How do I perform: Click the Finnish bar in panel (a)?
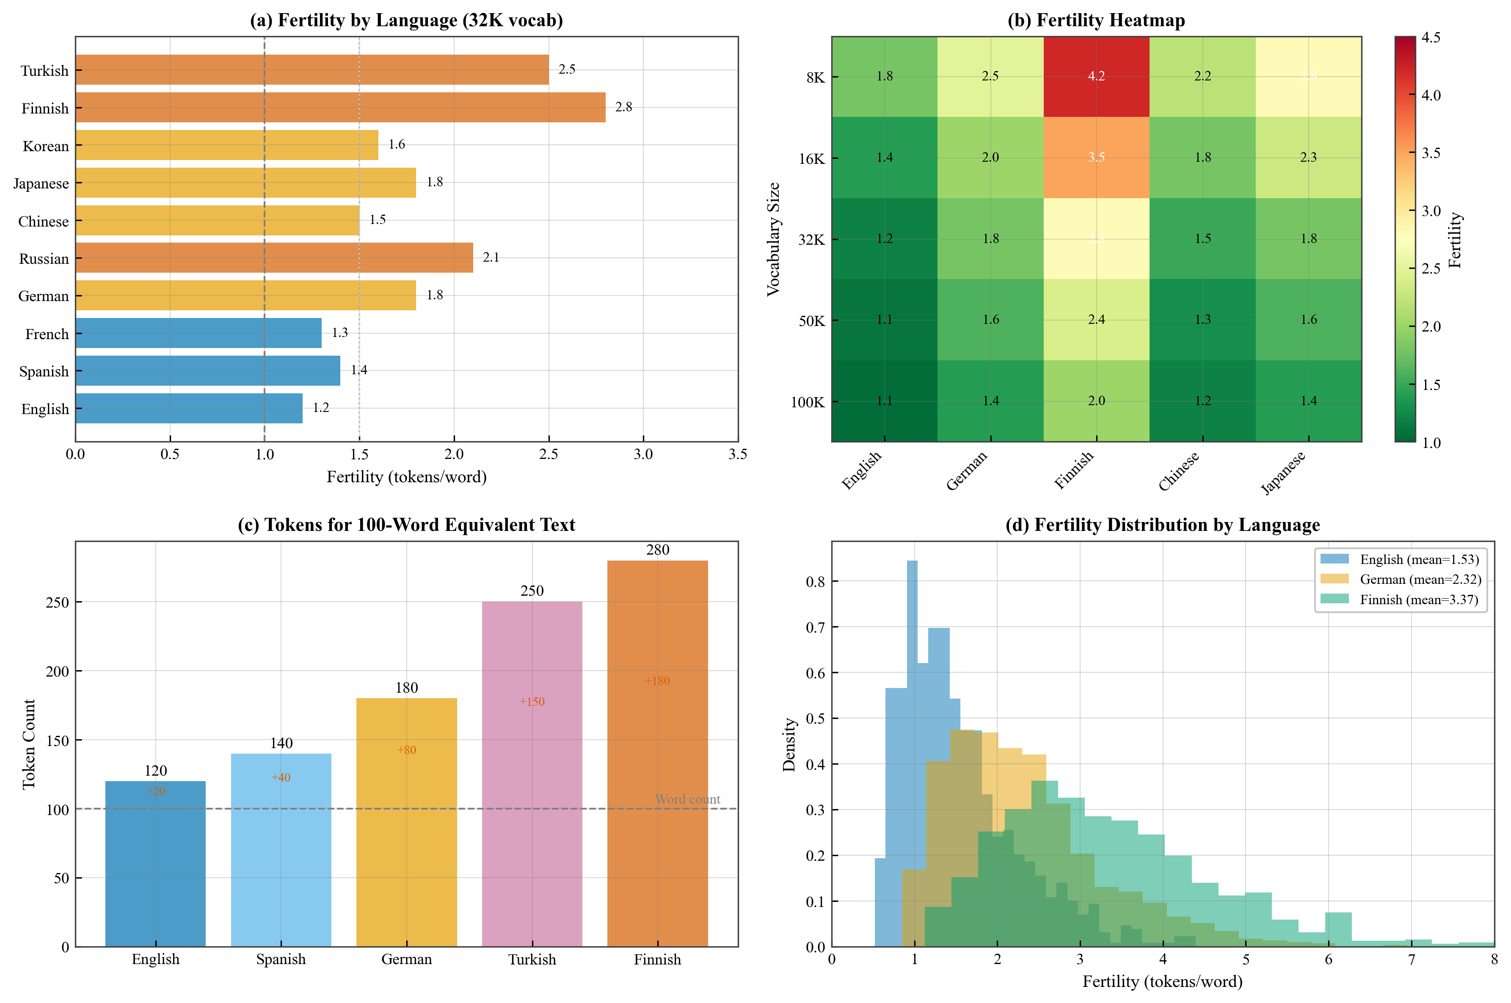tap(340, 108)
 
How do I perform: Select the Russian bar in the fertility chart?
tap(274, 258)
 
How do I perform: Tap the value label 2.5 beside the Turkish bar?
tap(567, 69)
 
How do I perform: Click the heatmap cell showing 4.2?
tap(1096, 77)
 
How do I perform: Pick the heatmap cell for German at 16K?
tap(990, 157)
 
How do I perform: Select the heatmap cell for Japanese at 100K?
tap(1308, 401)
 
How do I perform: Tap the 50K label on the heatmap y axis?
tap(811, 321)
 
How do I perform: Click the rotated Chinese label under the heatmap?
tap(1178, 471)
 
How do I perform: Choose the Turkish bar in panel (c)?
tap(531, 774)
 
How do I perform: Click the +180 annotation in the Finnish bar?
tap(657, 681)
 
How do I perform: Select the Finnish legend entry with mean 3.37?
tap(1418, 600)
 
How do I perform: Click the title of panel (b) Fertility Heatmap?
tap(1095, 20)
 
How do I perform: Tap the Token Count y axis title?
tap(29, 744)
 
